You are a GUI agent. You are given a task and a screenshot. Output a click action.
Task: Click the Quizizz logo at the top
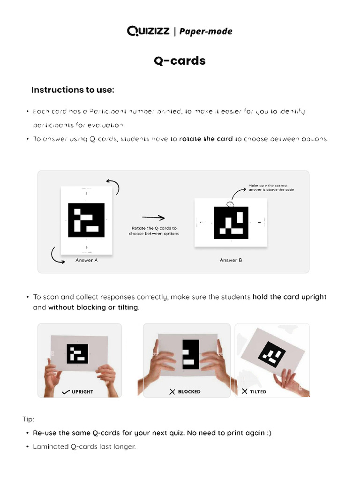[x=149, y=31]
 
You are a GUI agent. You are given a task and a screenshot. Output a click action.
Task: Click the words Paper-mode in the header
[x=206, y=31]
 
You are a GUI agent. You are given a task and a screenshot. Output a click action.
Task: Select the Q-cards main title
[x=180, y=61]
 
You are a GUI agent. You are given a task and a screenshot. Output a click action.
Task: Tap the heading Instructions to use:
[x=73, y=90]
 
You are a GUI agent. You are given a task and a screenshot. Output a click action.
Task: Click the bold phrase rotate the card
[x=206, y=139]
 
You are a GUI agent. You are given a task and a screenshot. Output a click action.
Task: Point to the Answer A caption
[x=86, y=260]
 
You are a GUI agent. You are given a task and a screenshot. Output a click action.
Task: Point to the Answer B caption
[x=231, y=260]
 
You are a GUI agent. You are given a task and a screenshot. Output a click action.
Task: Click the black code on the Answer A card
[x=86, y=220]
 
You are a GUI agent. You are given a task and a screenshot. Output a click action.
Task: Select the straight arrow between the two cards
[x=153, y=217]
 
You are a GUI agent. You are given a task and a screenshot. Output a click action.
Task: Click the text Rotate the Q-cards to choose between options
[x=154, y=231]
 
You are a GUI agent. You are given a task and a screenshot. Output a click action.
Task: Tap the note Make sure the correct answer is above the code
[x=274, y=187]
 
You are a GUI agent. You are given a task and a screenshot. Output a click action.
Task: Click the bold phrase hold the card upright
[x=289, y=297]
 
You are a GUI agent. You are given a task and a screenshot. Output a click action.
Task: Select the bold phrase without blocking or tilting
[x=93, y=307]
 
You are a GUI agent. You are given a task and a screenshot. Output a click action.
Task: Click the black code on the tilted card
[x=270, y=355]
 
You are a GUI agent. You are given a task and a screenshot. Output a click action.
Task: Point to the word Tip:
[x=28, y=419]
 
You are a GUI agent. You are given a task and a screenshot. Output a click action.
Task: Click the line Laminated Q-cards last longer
[x=84, y=447]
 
